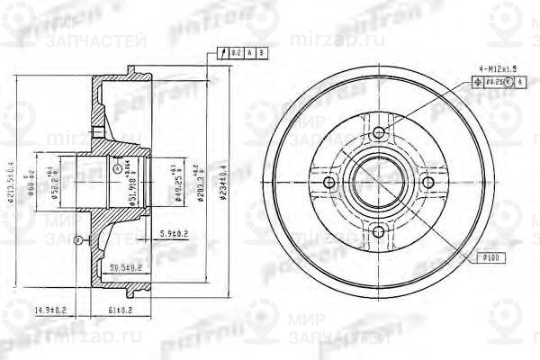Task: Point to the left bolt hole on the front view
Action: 328,183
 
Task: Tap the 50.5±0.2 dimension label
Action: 126,266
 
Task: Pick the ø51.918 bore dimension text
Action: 132,188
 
